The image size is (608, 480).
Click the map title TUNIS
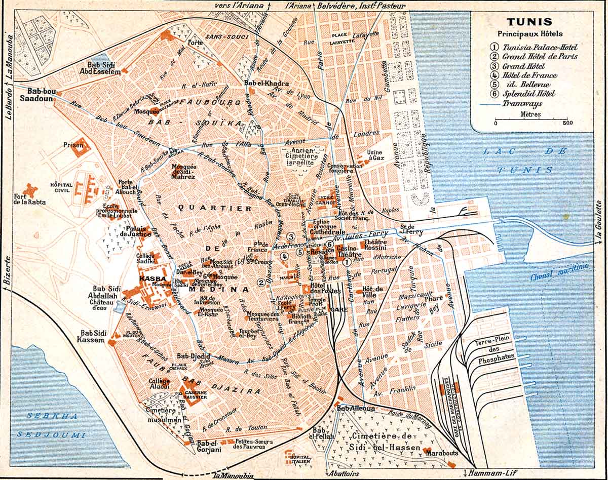(x=531, y=22)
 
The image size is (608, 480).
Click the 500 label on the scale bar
(x=567, y=123)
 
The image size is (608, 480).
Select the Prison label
(x=73, y=145)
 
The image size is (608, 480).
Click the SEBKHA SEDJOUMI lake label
(x=47, y=425)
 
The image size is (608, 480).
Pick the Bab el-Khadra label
(x=259, y=84)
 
